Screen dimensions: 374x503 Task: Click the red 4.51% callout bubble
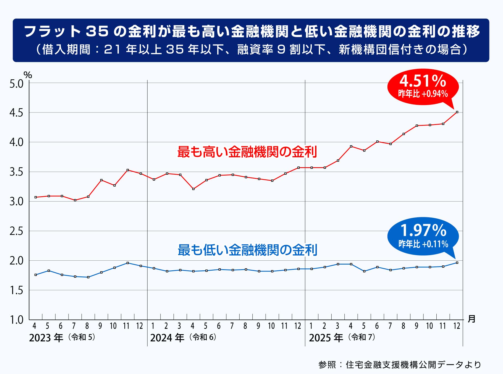point(423,87)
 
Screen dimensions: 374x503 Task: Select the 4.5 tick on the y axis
point(17,113)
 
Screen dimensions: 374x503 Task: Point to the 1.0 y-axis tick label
point(17,320)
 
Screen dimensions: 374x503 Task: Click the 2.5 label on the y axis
point(17,231)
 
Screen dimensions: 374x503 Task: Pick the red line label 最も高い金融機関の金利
point(247,152)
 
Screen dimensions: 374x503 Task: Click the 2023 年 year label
point(46,338)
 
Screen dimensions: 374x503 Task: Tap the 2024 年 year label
point(167,338)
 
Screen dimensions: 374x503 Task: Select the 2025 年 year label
point(326,338)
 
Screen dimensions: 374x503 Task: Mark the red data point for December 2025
point(457,112)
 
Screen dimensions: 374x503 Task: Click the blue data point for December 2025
point(457,263)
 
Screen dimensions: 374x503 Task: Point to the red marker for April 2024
point(193,189)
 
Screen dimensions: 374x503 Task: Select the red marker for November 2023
point(127,170)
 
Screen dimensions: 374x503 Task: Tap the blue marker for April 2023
point(35,275)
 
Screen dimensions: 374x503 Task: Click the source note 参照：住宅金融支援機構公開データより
point(400,365)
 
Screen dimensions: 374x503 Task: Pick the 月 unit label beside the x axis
point(471,319)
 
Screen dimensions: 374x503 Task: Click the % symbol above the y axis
point(28,75)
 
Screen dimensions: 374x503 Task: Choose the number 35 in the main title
point(97,31)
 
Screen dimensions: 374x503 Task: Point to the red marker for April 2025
point(351,147)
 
